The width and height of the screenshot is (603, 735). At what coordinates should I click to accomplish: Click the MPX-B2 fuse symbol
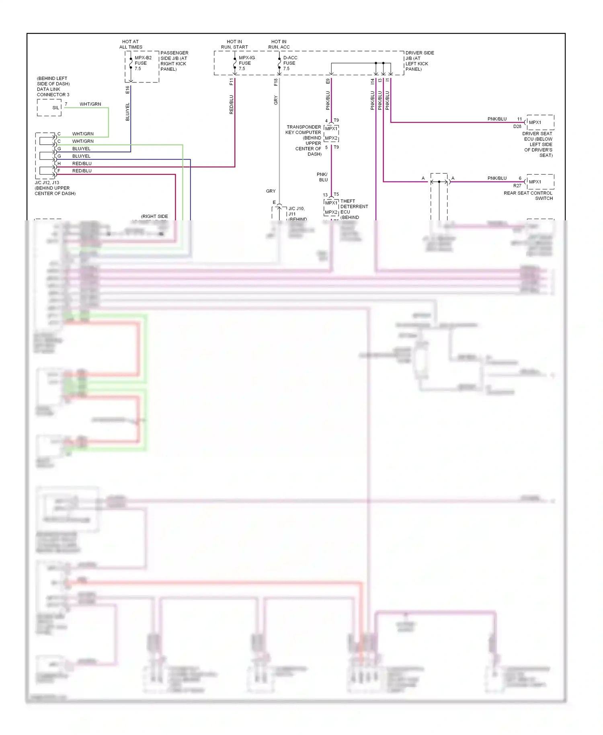[131, 63]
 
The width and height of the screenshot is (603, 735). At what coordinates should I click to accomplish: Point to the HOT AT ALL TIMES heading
[131, 44]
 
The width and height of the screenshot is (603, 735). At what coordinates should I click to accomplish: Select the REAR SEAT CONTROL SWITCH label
[528, 195]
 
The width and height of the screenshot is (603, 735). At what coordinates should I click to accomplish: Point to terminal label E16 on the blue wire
[127, 90]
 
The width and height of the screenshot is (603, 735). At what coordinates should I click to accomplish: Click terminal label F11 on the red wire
[231, 82]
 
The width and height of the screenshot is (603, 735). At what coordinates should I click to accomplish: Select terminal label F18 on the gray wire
[276, 82]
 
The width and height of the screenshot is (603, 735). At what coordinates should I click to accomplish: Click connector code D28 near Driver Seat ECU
[517, 126]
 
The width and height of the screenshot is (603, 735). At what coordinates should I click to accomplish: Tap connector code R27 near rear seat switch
[517, 186]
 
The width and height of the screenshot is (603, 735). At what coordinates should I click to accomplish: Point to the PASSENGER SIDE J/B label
[174, 61]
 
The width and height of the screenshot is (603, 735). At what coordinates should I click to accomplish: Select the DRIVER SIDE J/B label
[419, 61]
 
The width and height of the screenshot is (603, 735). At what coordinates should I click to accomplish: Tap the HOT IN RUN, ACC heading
[279, 44]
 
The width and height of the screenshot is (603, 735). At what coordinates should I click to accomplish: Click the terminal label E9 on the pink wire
[328, 81]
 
